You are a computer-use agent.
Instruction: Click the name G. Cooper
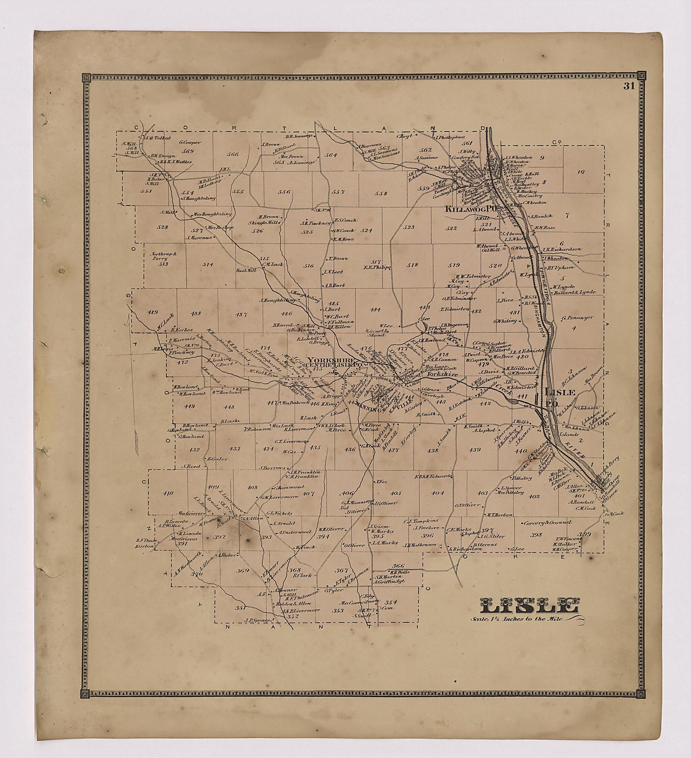[x=190, y=142]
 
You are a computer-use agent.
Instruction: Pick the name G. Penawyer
[x=577, y=318]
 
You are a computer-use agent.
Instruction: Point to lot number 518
[x=412, y=265]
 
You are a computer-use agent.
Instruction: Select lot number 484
[x=375, y=309]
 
